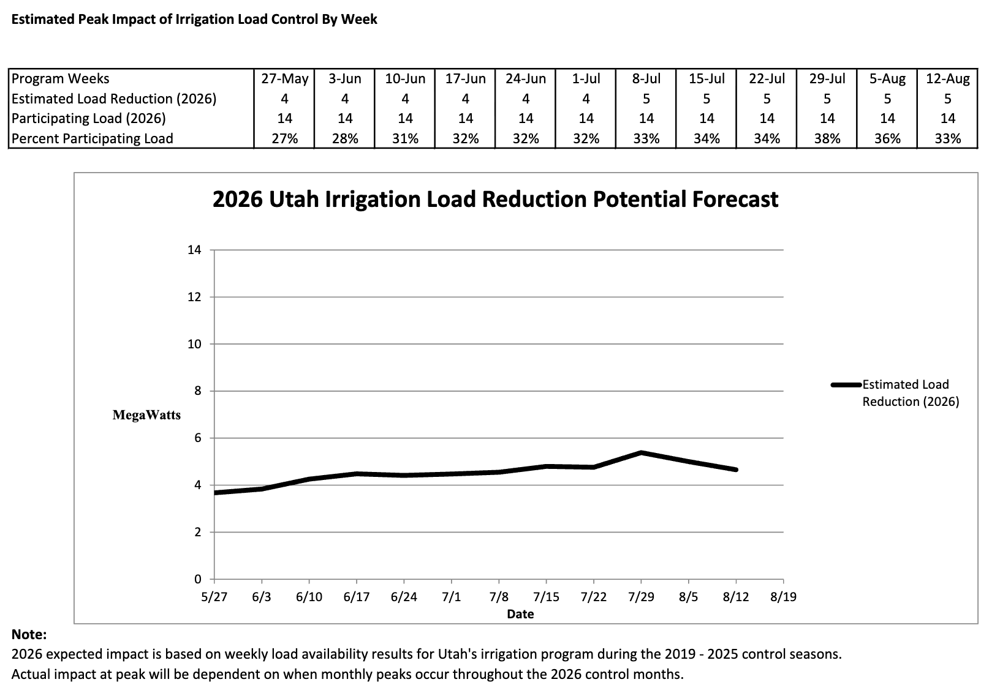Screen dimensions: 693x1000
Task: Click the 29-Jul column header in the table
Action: click(827, 78)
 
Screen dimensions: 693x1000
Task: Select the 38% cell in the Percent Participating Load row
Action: click(827, 138)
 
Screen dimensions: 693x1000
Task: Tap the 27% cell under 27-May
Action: click(284, 138)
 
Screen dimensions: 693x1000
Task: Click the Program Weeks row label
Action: click(61, 78)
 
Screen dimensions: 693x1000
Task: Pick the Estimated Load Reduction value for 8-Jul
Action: click(646, 99)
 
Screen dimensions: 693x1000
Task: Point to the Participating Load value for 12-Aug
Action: click(947, 118)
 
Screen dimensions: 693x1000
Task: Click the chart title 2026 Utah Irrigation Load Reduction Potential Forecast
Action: click(495, 200)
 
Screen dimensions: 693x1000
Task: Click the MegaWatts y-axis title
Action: click(146, 415)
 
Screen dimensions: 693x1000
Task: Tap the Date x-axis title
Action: click(520, 614)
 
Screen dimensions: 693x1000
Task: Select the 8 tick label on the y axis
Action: click(197, 391)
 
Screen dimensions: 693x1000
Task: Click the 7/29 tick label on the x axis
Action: click(641, 597)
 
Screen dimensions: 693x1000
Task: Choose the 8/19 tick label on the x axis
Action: click(783, 597)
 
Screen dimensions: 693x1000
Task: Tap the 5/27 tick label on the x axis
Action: click(214, 597)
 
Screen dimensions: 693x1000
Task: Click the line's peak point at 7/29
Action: click(641, 452)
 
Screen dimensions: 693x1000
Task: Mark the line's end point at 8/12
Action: click(735, 470)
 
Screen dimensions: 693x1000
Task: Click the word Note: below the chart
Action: click(29, 635)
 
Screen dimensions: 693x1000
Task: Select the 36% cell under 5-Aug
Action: click(887, 138)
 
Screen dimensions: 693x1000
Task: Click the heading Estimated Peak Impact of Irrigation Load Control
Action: click(194, 20)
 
